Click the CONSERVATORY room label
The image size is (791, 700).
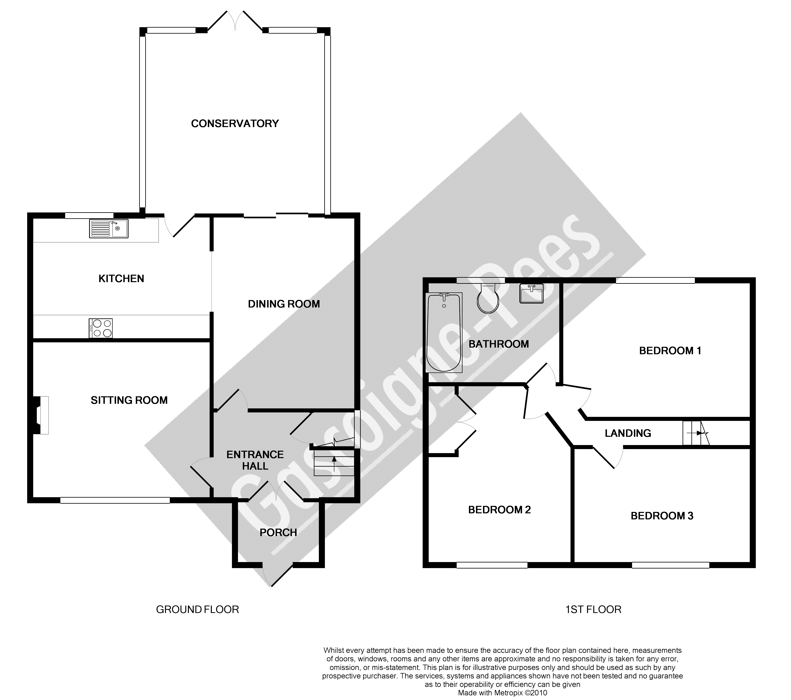tap(235, 124)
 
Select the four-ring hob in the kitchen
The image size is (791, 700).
tap(101, 328)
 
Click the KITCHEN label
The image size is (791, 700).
tap(121, 279)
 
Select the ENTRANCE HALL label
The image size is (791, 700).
tap(255, 460)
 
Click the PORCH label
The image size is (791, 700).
tap(278, 533)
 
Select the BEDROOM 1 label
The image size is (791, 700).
tap(670, 351)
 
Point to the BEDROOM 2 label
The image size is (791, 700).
tap(499, 510)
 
